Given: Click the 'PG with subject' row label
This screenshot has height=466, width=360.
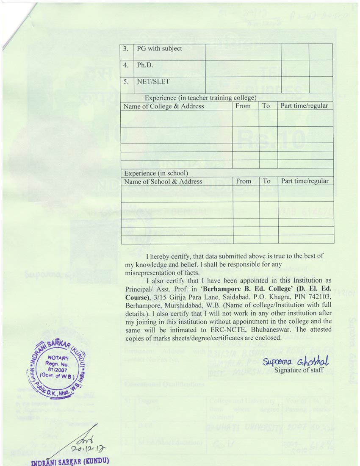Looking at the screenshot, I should tap(159, 49).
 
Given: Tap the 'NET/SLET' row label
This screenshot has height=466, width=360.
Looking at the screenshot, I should tap(154, 83).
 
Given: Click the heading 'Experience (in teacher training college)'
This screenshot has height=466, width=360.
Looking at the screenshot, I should tap(201, 98).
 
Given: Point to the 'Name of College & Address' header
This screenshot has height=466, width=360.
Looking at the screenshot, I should tap(164, 106).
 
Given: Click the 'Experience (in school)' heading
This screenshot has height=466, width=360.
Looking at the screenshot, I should tap(156, 173).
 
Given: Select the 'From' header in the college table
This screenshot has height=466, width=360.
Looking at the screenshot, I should tap(243, 106).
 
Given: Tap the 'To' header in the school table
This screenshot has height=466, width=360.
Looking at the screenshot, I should tap(266, 181).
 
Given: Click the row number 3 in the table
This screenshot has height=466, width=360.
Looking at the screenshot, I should tap(126, 49).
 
